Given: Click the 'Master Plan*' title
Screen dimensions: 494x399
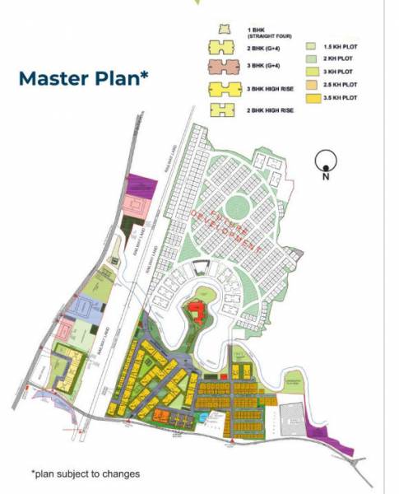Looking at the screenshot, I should (83, 79).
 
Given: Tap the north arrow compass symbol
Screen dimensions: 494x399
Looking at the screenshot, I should (326, 161).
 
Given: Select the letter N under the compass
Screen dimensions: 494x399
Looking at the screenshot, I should (326, 175).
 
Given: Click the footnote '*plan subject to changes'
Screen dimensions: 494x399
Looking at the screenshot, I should (85, 473).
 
